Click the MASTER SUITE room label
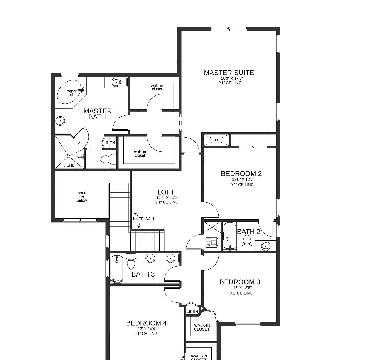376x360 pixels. (x=229, y=73)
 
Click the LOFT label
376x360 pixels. (x=166, y=192)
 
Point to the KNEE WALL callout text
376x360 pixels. (x=144, y=219)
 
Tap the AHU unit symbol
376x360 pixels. (x=212, y=242)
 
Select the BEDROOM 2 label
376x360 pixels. (x=241, y=174)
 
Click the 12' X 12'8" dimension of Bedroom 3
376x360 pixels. (x=242, y=288)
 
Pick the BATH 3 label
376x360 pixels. (x=143, y=274)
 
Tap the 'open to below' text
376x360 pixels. (x=82, y=197)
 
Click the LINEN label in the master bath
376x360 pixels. (x=109, y=143)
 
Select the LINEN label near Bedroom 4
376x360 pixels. (x=192, y=312)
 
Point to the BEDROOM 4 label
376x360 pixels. (x=146, y=323)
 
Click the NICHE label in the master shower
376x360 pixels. (x=69, y=165)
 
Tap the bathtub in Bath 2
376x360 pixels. (x=230, y=236)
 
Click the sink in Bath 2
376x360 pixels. (x=265, y=246)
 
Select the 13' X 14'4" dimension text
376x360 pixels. (x=147, y=329)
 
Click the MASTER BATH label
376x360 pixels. (x=98, y=114)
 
